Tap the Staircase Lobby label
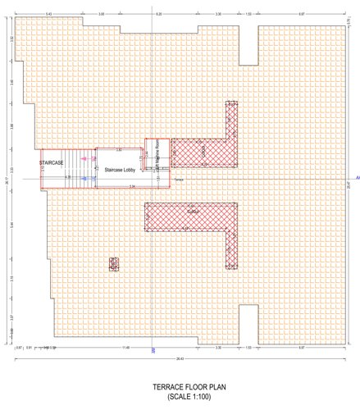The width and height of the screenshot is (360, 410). click(x=119, y=170)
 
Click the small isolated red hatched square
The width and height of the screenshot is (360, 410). click(x=114, y=263)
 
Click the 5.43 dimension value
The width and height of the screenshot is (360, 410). click(x=49, y=15)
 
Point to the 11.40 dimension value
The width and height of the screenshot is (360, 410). click(x=125, y=348)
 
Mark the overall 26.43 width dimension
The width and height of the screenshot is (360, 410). click(x=180, y=358)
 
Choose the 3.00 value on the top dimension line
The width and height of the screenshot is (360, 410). click(x=101, y=15)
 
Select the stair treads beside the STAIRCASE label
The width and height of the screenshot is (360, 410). click(x=79, y=168)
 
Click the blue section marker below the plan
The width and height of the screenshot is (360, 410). click(x=153, y=350)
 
